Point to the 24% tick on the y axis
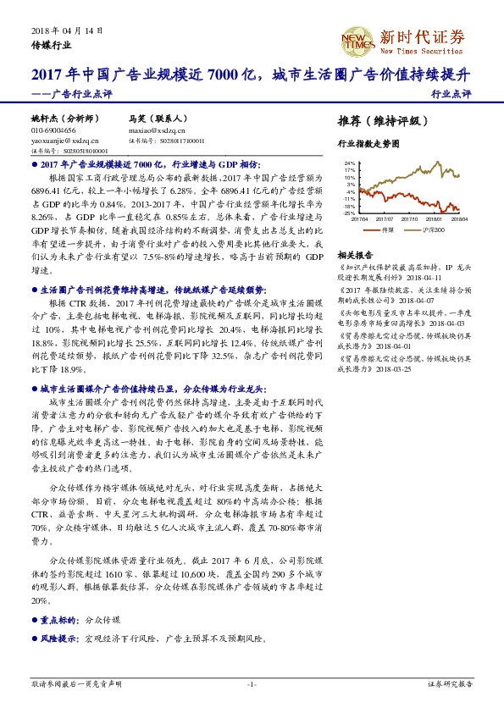pyautogui.click(x=349, y=163)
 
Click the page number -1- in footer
pyautogui.click(x=252, y=683)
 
